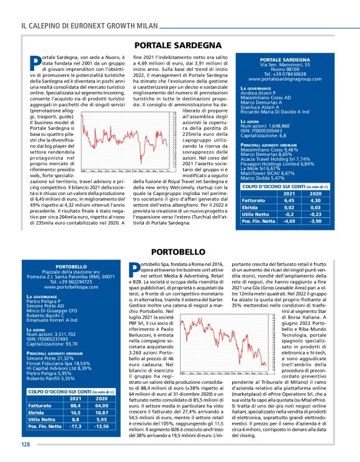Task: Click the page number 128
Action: (x=25, y=445)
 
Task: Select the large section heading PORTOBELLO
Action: (x=180, y=252)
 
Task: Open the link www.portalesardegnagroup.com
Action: (x=289, y=80)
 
